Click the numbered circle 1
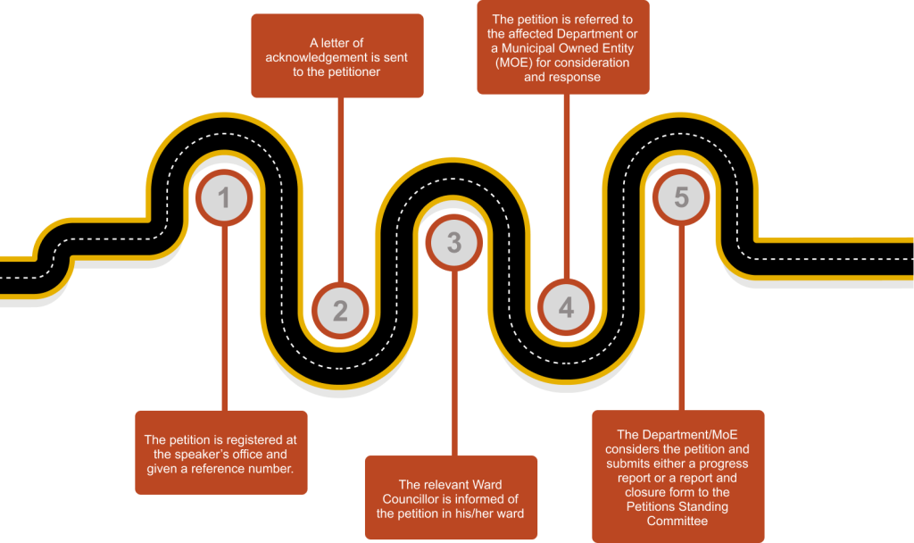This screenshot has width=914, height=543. [x=224, y=196]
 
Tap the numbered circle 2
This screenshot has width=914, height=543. [x=340, y=310]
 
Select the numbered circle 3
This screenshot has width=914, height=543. [x=454, y=242]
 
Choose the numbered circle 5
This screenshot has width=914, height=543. [x=681, y=196]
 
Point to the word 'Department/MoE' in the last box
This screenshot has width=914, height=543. [x=684, y=435]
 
